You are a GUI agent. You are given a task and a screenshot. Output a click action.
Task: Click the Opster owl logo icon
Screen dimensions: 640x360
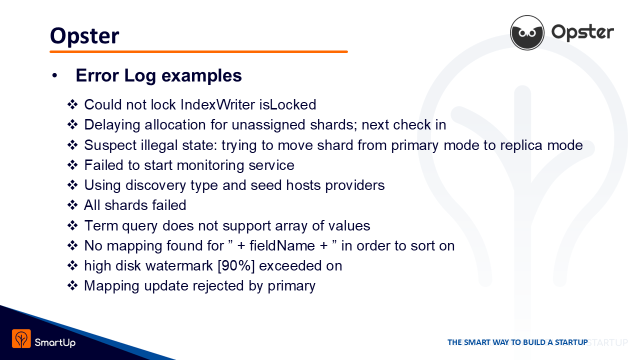[527, 32]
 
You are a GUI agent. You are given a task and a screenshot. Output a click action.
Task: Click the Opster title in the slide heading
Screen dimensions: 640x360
[84, 36]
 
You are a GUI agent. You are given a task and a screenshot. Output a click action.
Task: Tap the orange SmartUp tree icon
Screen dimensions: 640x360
[21, 338]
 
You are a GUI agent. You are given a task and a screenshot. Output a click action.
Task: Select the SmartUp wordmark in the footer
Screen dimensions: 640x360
[55, 342]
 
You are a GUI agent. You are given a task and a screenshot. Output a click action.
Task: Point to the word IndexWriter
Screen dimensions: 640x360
[217, 104]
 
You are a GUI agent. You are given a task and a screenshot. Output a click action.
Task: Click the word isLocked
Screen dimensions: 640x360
[287, 104]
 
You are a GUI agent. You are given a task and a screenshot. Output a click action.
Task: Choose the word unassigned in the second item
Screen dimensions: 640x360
[268, 125]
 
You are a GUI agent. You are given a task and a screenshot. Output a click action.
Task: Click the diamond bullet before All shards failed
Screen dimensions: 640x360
[72, 205]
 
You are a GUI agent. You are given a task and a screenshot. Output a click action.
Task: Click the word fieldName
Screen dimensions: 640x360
[282, 245]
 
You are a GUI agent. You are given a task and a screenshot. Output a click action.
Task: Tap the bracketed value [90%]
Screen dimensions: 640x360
[236, 266]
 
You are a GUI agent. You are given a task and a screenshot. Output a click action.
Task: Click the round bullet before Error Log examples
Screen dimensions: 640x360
[54, 75]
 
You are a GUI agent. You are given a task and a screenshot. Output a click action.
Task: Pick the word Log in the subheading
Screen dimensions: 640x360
[140, 76]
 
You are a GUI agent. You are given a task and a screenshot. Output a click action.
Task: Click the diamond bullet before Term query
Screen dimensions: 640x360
[72, 225]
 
